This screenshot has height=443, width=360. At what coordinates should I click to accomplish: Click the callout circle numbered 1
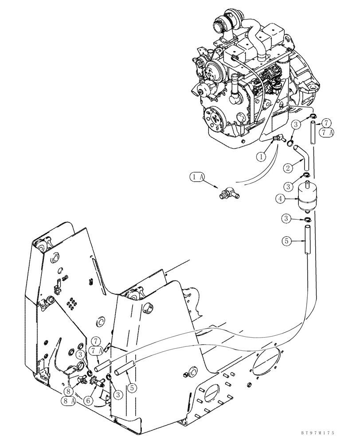coord(262,156)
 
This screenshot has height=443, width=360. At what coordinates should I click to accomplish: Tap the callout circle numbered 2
coord(288,167)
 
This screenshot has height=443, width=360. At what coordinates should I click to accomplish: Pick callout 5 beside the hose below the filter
coord(287,241)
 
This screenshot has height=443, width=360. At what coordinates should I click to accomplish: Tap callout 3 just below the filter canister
coord(287,218)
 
